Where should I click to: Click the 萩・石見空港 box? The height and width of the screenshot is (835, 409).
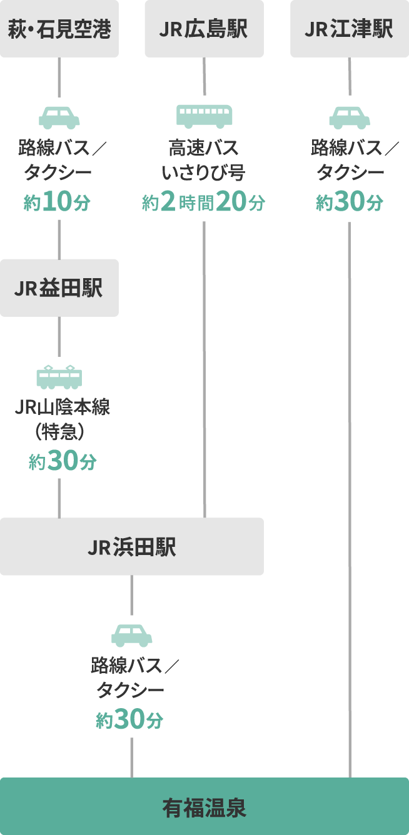pyautogui.click(x=59, y=29)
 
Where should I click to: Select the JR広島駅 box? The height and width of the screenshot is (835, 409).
pyautogui.click(x=204, y=29)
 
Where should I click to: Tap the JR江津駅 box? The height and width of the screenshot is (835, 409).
pyautogui.click(x=349, y=29)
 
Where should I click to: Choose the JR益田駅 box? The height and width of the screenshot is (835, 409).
pyautogui.click(x=59, y=288)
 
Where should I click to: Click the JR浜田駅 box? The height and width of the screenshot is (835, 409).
pyautogui.click(x=131, y=547)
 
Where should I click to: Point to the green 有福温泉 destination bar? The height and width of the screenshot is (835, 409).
pyautogui.click(x=204, y=807)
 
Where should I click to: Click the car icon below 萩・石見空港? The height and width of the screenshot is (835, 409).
pyautogui.click(x=59, y=117)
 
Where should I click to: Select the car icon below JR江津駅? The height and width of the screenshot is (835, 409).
pyautogui.click(x=350, y=117)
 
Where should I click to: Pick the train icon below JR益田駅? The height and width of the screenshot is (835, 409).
pyautogui.click(x=59, y=376)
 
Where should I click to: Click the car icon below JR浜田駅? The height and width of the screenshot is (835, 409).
pyautogui.click(x=132, y=635)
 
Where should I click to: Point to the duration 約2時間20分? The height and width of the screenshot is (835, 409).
pyautogui.click(x=204, y=203)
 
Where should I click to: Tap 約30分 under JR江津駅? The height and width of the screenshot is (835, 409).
pyautogui.click(x=350, y=202)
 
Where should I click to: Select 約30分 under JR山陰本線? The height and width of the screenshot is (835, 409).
pyautogui.click(x=63, y=462)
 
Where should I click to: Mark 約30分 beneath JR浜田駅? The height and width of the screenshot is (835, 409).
pyautogui.click(x=130, y=721)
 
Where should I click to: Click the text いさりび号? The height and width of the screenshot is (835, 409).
pyautogui.click(x=204, y=172)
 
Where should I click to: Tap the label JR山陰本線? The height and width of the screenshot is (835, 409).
pyautogui.click(x=63, y=408)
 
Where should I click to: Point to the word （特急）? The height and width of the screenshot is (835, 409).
pyautogui.click(x=59, y=431)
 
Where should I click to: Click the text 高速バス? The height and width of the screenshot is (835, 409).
pyautogui.click(x=204, y=149)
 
